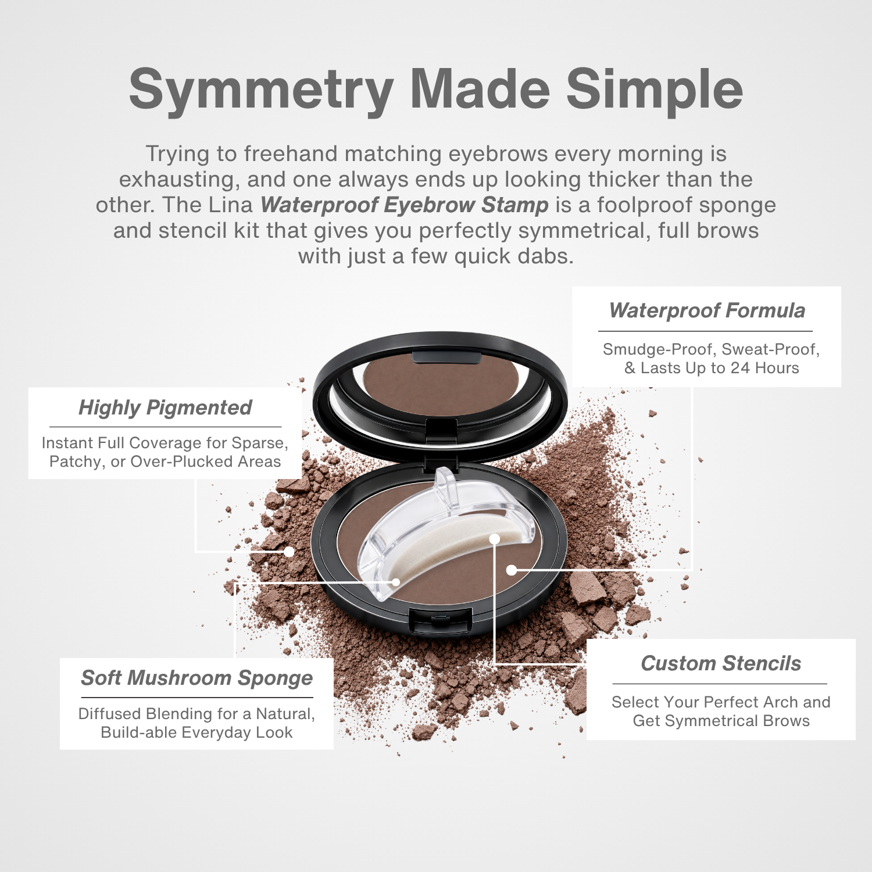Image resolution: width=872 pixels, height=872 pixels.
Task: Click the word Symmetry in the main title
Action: (x=262, y=90)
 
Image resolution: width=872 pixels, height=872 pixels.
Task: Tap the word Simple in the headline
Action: (x=655, y=90)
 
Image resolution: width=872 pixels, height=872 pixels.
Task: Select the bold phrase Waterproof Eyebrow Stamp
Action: (x=405, y=205)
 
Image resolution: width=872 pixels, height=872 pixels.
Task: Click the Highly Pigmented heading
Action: (x=165, y=408)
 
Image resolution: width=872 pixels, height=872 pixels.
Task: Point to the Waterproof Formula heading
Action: (x=707, y=311)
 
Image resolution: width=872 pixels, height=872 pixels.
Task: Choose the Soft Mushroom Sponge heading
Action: (x=196, y=678)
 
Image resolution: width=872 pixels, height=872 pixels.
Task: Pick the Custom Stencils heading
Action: (x=721, y=663)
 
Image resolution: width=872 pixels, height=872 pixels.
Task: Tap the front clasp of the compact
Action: (x=439, y=621)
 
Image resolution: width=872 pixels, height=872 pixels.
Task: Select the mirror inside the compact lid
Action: (x=440, y=381)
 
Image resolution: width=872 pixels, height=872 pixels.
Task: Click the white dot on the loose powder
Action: (x=289, y=552)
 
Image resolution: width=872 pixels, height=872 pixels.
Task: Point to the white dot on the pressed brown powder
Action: (x=512, y=570)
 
